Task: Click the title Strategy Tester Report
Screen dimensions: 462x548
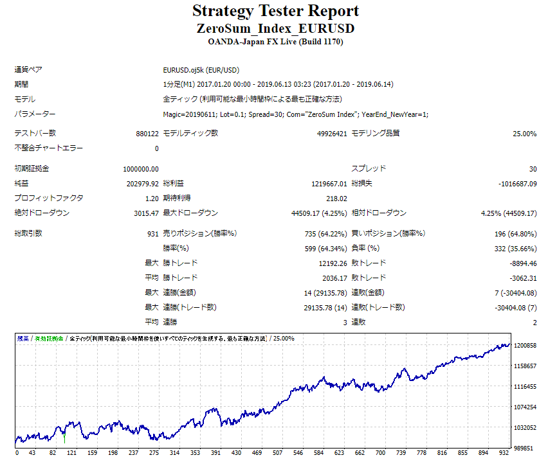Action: pos(275,12)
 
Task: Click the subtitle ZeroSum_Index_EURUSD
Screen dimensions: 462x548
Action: pos(275,29)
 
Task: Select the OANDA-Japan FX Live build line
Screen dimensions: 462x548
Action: pos(275,42)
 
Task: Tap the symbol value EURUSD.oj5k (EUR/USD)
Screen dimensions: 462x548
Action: pos(201,70)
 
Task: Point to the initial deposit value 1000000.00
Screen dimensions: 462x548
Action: pos(141,169)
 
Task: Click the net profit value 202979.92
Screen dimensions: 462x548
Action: pos(143,184)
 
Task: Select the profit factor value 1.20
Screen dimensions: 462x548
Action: pos(152,199)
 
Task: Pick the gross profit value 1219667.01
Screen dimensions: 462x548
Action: pos(324,184)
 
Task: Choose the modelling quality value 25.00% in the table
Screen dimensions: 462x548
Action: pos(524,134)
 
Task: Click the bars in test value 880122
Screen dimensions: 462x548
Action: pos(144,134)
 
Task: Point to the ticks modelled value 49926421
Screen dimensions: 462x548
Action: pos(332,134)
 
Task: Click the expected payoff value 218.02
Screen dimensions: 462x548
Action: pos(336,199)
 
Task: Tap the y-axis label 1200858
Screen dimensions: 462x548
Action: pos(525,346)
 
